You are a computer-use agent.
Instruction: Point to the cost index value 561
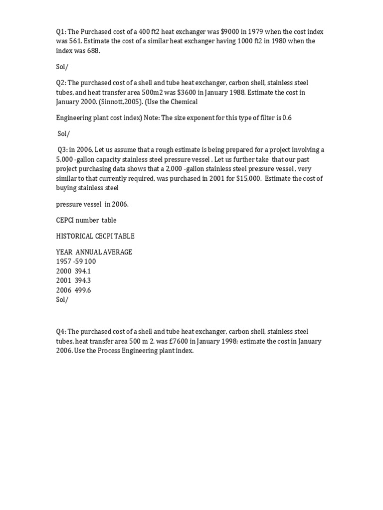(x=73, y=41)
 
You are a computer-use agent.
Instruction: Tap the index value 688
(x=85, y=51)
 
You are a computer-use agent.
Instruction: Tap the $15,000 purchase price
(x=248, y=178)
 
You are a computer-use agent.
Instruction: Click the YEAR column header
(x=64, y=252)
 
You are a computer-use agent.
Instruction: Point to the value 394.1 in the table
(x=83, y=271)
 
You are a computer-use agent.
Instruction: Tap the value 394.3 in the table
(x=83, y=280)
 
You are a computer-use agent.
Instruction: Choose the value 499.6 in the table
(x=83, y=290)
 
